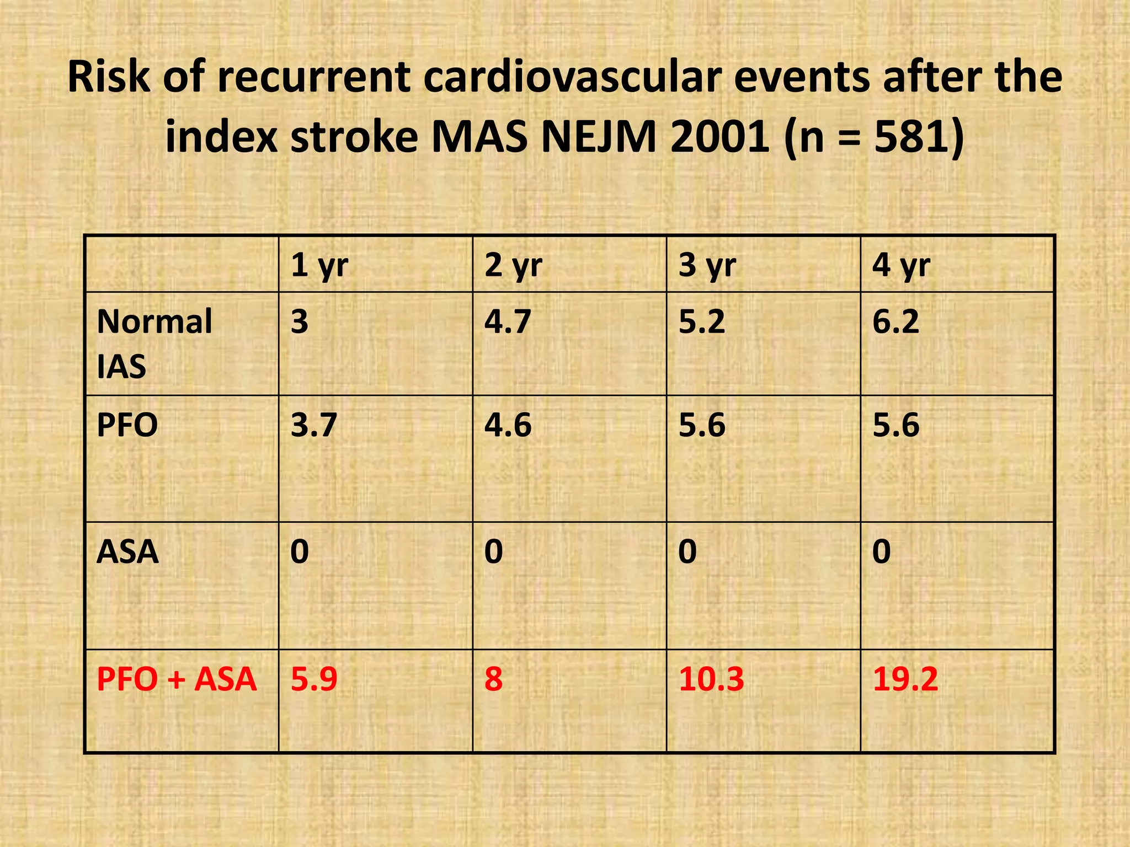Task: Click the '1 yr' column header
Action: coord(319,266)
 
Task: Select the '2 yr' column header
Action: coord(513,266)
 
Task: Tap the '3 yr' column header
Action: coord(707,266)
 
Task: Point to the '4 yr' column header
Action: coord(901,266)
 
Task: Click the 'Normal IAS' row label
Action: coord(154,344)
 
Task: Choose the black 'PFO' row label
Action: coord(127,425)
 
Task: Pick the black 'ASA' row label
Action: coord(127,551)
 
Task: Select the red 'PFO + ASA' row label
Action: coord(177,679)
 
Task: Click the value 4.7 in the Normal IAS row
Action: coord(508,321)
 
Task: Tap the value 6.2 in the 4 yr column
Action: coord(896,321)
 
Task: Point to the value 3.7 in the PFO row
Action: coord(314,425)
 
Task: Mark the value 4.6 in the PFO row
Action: coord(508,425)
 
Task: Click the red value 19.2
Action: coord(905,679)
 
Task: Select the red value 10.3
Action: coord(711,679)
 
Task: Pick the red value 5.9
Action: coord(314,679)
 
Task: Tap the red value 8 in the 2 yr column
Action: coord(493,679)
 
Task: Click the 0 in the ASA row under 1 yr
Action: coord(300,551)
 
